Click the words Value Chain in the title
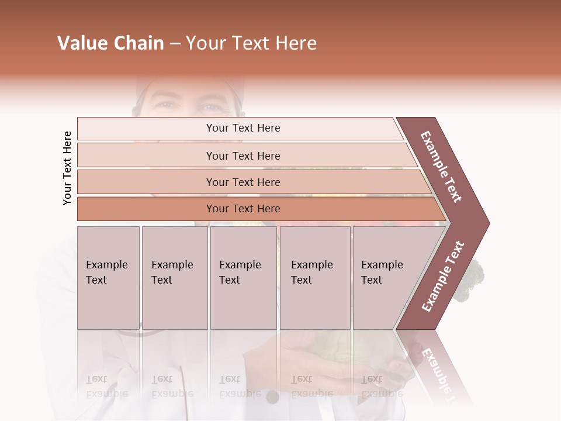pos(110,43)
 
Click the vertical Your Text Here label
pos(67,168)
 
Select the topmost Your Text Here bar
pos(243,128)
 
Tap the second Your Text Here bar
pos(243,156)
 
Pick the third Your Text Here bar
pos(243,182)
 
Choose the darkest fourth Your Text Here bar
pos(243,209)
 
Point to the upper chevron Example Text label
pos(441,167)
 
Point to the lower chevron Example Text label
pos(443,276)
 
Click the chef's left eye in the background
pos(210,107)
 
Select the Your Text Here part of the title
pos(251,43)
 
